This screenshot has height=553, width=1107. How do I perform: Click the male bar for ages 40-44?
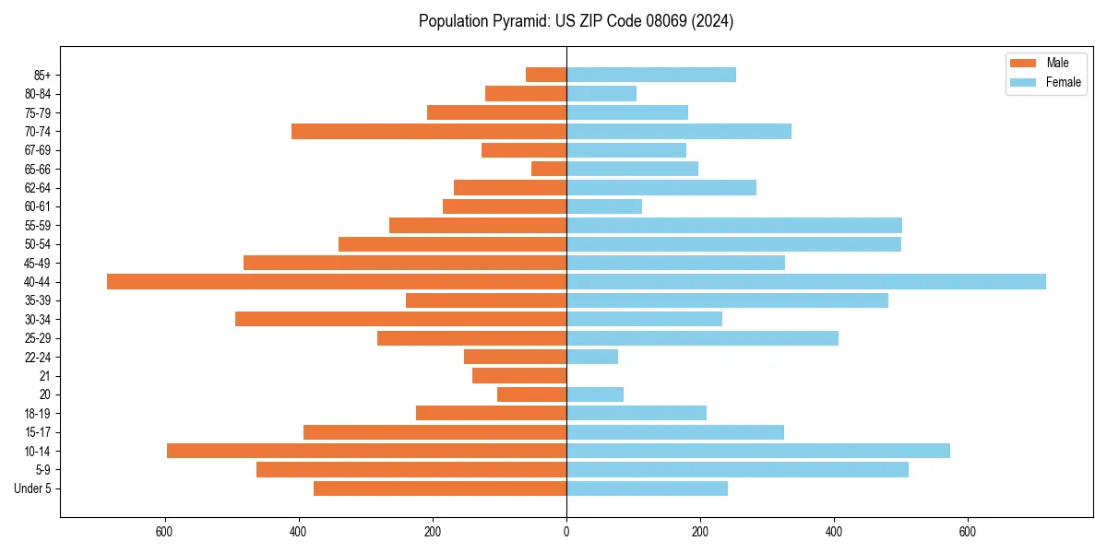337,281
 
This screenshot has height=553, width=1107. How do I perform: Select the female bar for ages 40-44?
806,281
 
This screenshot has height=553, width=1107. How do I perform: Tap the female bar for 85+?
651,75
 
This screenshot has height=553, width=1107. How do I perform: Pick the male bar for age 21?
519,375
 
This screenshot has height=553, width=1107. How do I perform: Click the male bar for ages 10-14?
366,451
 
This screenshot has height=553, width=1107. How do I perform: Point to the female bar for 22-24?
592,357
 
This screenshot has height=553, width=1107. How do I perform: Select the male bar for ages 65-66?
549,169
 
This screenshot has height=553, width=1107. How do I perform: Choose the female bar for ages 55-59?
734,225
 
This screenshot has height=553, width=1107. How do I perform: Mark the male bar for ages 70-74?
429,131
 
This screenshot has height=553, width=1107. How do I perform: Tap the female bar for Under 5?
647,488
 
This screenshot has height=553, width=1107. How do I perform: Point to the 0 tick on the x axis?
566,532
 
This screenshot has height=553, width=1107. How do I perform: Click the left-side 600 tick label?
165,532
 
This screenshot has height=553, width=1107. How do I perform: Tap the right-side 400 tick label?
834,532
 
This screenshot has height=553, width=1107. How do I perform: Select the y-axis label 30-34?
37,319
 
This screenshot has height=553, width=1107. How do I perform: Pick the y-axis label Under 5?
32,488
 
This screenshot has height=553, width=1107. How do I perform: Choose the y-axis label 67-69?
37,150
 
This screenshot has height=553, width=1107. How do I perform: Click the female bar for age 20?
595,394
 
